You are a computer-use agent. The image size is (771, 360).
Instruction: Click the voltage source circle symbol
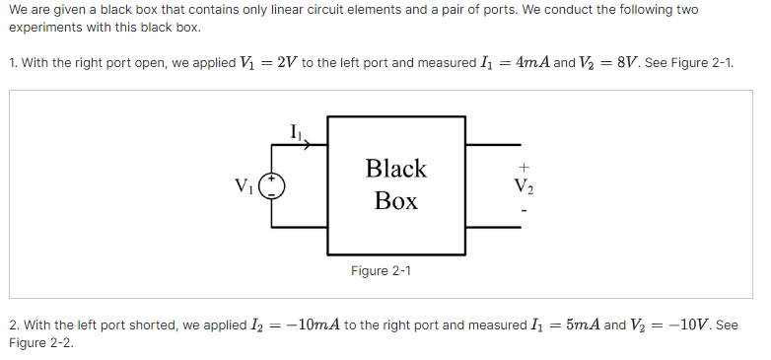pos(277,184)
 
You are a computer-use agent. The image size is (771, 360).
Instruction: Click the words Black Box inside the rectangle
pos(396,184)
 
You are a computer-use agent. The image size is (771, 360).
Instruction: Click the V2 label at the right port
pos(524,184)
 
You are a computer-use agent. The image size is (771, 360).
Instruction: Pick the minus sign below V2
pos(524,209)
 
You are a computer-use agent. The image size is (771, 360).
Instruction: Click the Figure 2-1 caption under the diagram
pos(381,270)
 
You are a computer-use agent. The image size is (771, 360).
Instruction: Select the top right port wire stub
pos(493,144)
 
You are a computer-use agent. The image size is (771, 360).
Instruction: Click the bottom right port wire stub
pos(493,227)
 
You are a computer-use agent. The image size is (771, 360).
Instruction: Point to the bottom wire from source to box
pos(301,227)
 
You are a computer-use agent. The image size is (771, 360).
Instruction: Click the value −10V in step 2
pos(690,324)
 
